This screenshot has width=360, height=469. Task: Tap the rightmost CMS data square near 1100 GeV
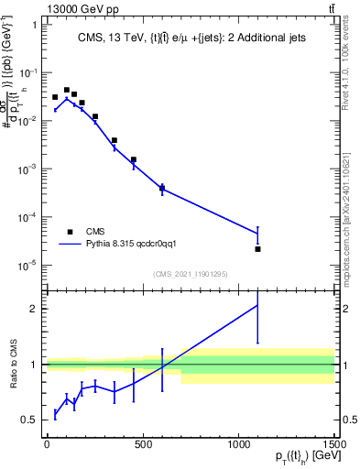[257, 249]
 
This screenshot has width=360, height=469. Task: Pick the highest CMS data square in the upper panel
[66, 90]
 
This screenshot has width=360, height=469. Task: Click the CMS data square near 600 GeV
[162, 189]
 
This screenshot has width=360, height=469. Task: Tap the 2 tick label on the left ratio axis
[33, 309]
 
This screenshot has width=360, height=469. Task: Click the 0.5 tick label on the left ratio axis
[29, 420]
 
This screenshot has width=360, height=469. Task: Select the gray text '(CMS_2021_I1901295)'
[191, 274]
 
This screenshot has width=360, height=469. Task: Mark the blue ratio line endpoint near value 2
[257, 305]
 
